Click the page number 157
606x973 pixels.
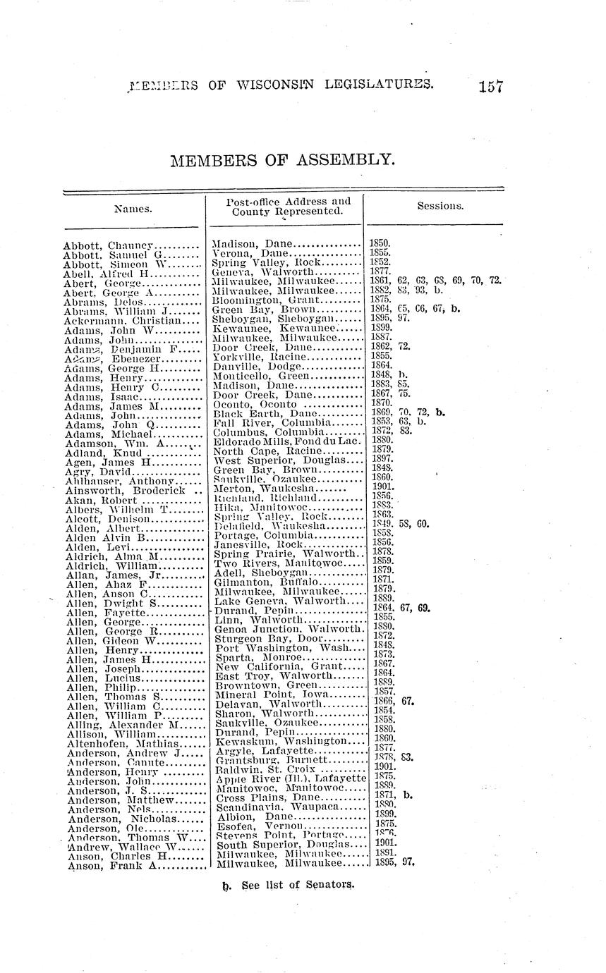click(489, 87)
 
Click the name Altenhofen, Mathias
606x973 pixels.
click(116, 742)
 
